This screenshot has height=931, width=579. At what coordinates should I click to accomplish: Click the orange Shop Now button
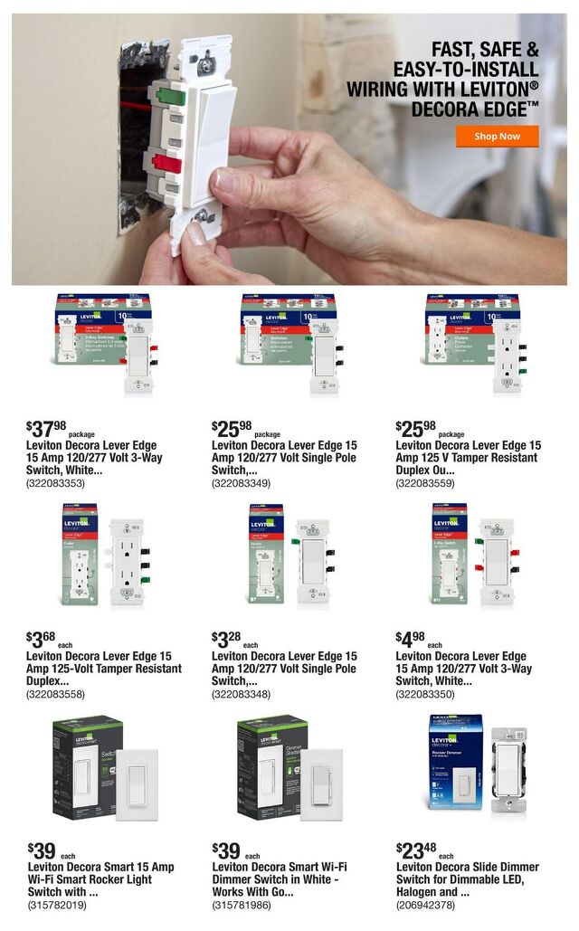[497, 137]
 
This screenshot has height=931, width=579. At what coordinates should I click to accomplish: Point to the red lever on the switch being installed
[166, 163]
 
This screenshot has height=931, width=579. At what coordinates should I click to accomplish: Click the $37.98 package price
[47, 428]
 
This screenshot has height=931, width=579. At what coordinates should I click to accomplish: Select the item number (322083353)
[56, 484]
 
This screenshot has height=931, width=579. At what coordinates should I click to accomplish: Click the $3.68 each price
[44, 639]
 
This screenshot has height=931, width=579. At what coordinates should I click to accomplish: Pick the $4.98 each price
[414, 639]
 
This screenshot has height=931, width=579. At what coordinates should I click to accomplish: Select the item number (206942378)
[426, 905]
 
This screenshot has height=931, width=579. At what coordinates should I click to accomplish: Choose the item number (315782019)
[56, 905]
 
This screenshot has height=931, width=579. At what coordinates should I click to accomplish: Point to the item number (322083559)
[426, 484]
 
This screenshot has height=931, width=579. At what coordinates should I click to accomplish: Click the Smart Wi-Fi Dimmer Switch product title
[280, 873]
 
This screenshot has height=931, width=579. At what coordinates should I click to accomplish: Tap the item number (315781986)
[242, 905]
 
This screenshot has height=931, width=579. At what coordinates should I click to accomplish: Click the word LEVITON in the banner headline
[489, 90]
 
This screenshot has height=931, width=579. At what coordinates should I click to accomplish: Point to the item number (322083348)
[242, 694]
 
